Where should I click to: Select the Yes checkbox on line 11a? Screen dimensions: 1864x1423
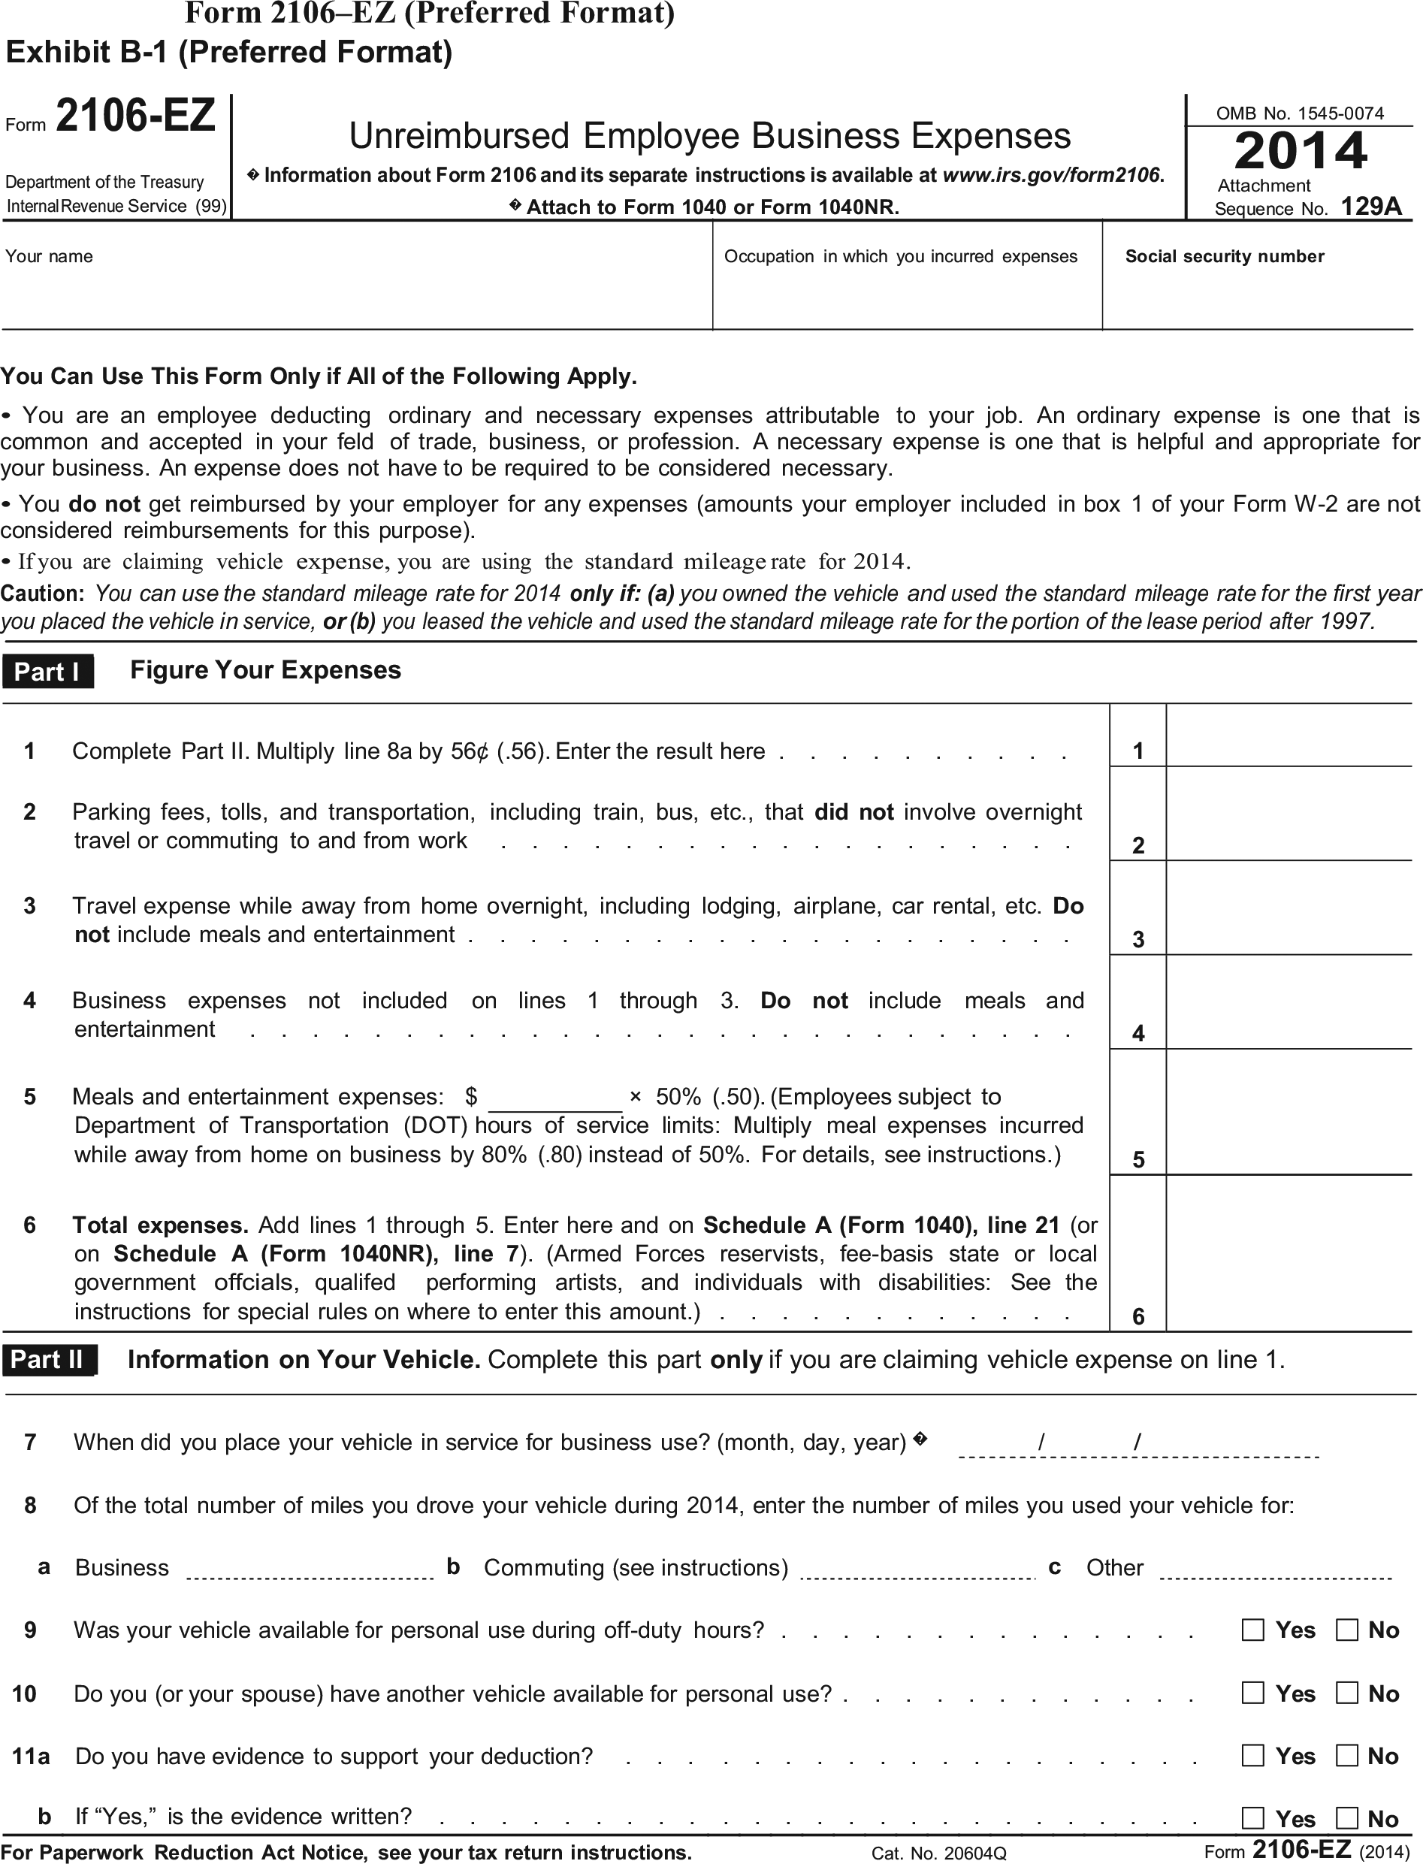(x=1252, y=1755)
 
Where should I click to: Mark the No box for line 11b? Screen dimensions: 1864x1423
(x=1347, y=1817)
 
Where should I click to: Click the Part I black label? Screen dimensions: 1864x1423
(x=47, y=672)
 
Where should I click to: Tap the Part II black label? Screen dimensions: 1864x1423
(x=48, y=1359)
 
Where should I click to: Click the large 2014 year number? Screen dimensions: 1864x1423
(x=1301, y=151)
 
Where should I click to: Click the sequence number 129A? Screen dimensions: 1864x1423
(x=1370, y=207)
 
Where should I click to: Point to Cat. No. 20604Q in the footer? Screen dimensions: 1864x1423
(x=938, y=1853)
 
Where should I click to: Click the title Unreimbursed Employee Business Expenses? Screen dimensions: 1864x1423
(x=710, y=136)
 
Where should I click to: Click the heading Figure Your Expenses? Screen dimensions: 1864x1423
(x=265, y=670)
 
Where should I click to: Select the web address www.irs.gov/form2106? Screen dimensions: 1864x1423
(x=1053, y=175)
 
